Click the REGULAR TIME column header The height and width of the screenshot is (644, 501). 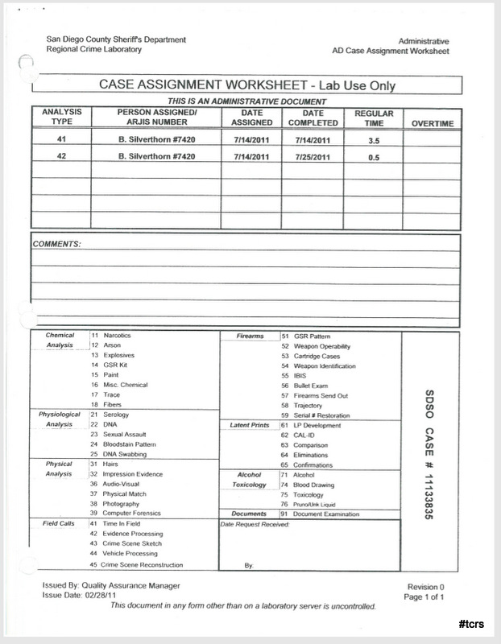click(373, 118)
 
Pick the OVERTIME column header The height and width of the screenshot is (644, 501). click(433, 123)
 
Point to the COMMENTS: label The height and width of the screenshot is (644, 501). click(57, 242)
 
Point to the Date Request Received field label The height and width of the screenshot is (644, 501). click(255, 524)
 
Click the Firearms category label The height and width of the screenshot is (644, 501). click(250, 335)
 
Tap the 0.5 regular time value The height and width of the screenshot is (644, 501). click(373, 157)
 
